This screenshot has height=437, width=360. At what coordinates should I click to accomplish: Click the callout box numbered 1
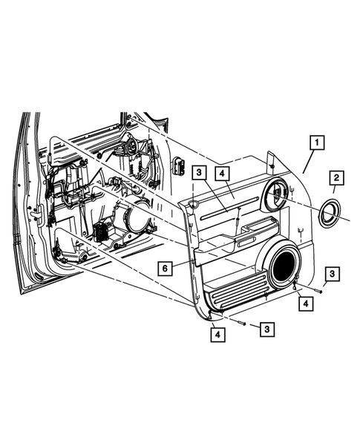317,142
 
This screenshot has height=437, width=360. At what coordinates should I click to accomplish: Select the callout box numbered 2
336,177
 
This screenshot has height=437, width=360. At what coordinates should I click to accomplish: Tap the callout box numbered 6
165,269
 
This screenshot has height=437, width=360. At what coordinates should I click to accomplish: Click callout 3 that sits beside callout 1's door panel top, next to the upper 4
199,172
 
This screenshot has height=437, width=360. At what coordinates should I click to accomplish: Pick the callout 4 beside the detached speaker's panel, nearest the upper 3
222,174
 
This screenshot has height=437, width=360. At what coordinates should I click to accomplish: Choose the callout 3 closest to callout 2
332,274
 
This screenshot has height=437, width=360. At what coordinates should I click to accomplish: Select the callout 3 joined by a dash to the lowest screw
267,329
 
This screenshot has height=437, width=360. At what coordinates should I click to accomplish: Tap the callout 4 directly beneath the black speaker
306,303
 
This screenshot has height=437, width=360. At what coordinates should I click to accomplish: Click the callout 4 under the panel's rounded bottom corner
217,335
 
